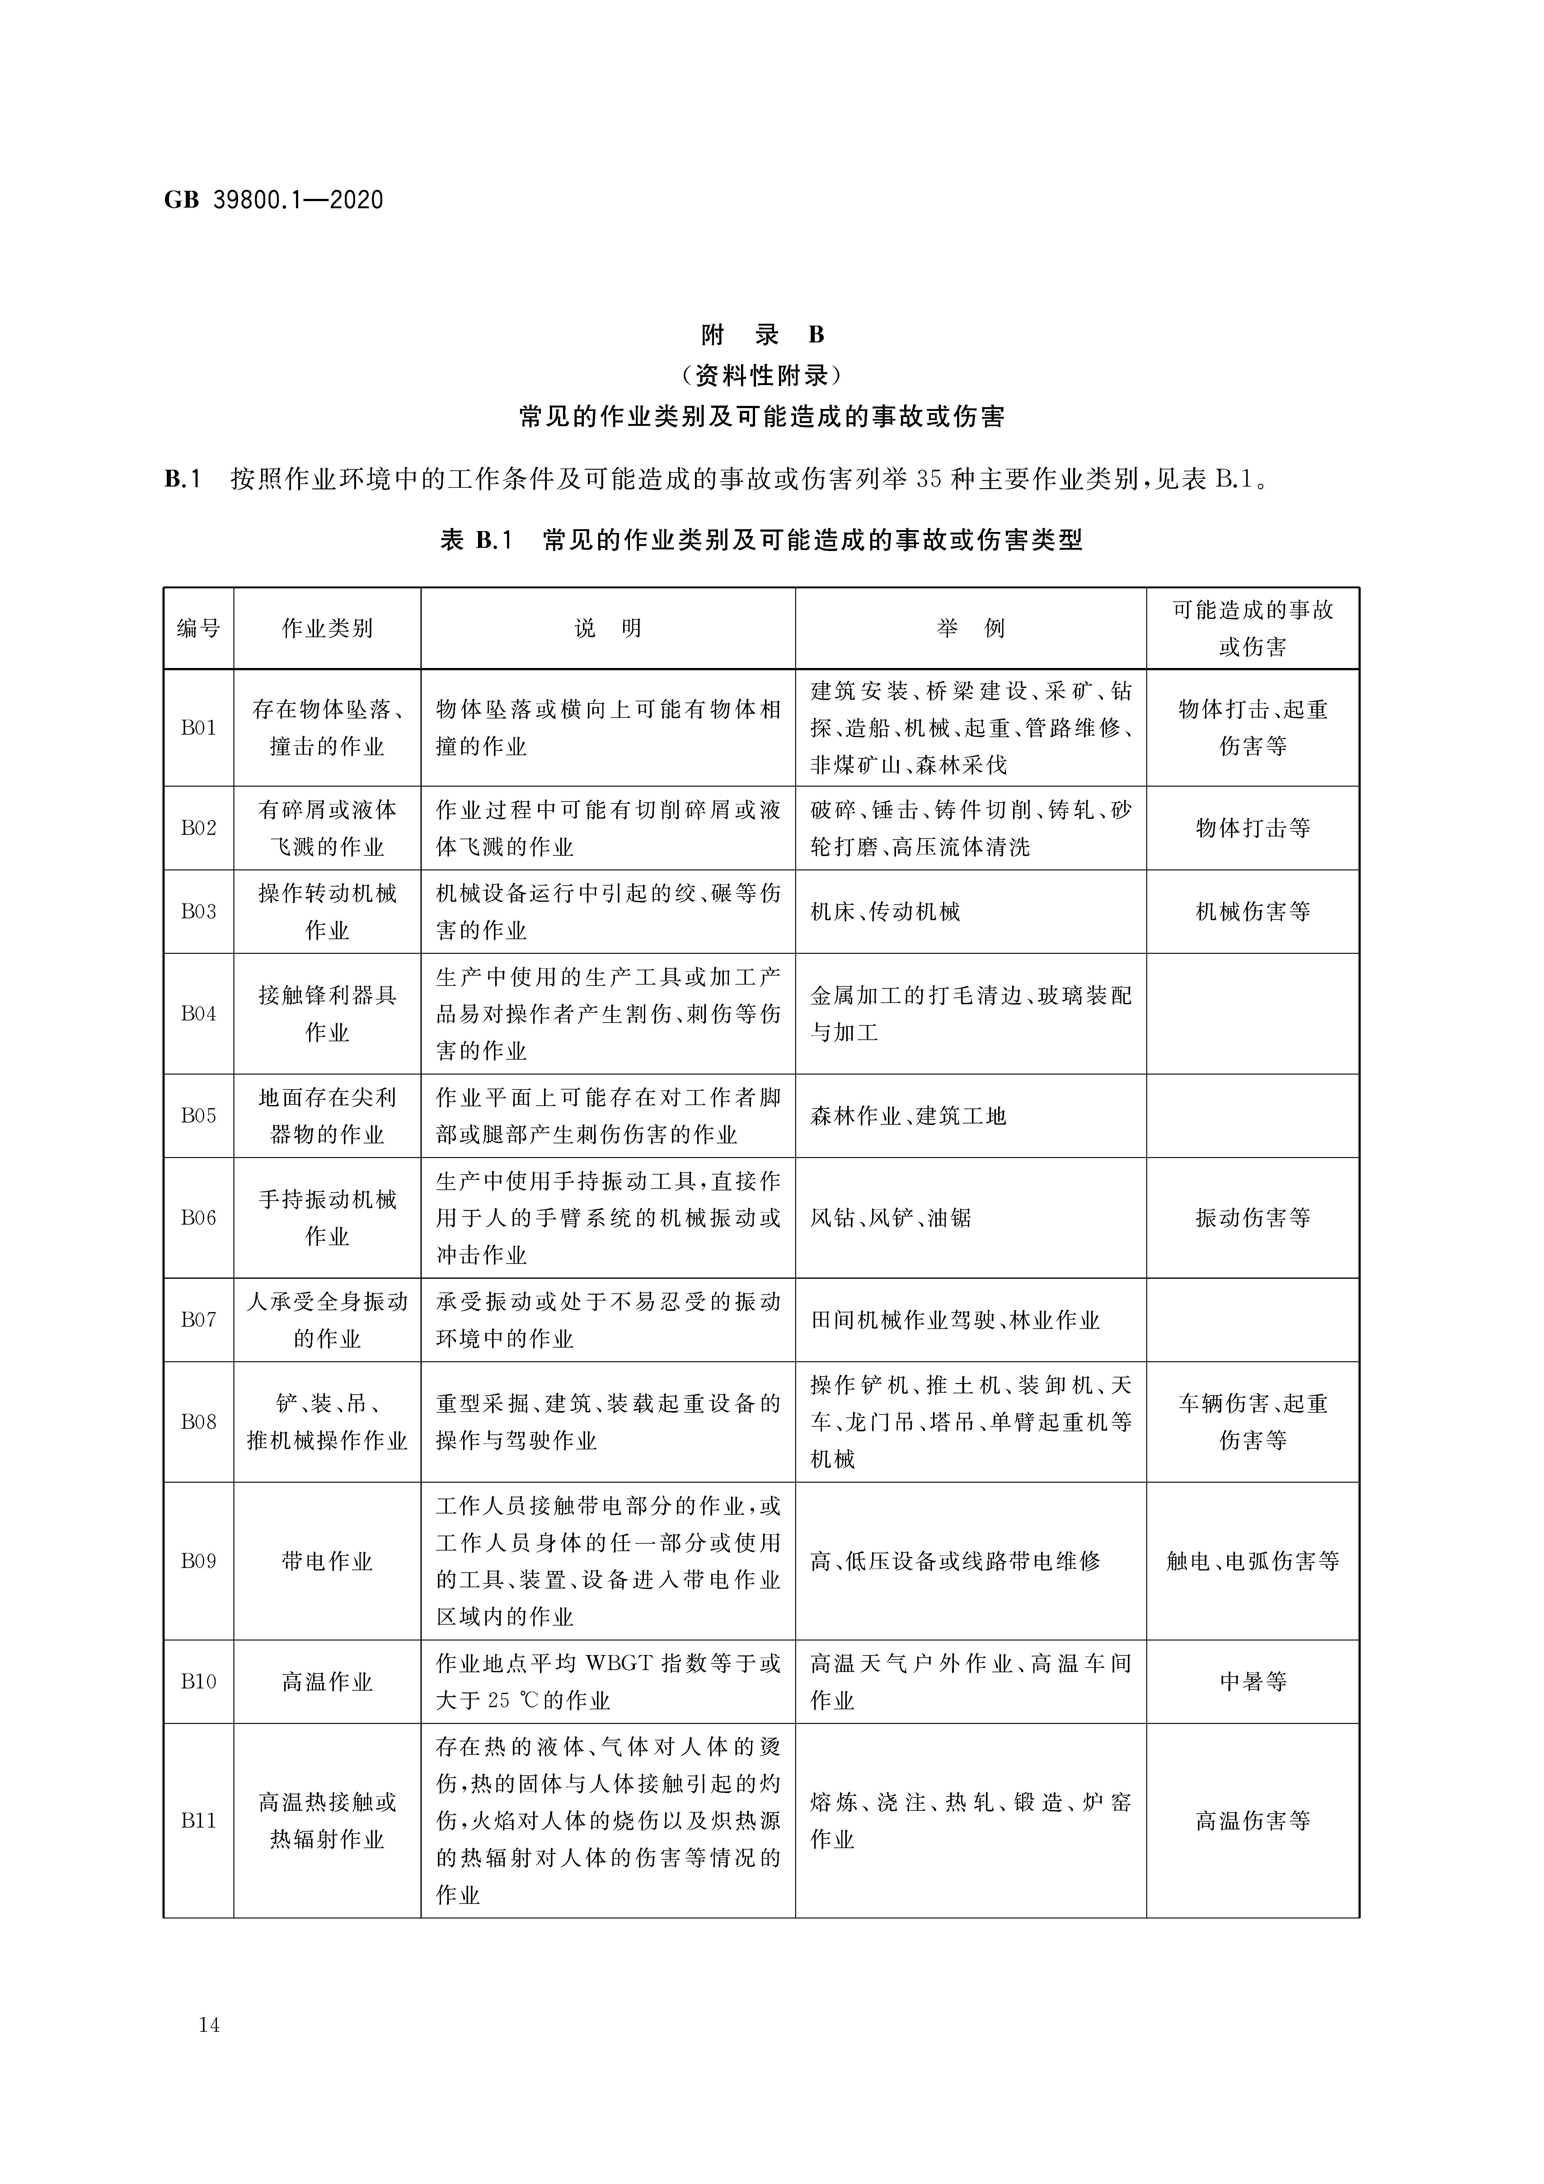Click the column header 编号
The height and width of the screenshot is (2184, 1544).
pyautogui.click(x=199, y=629)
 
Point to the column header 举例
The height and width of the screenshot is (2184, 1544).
pyautogui.click(x=970, y=629)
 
